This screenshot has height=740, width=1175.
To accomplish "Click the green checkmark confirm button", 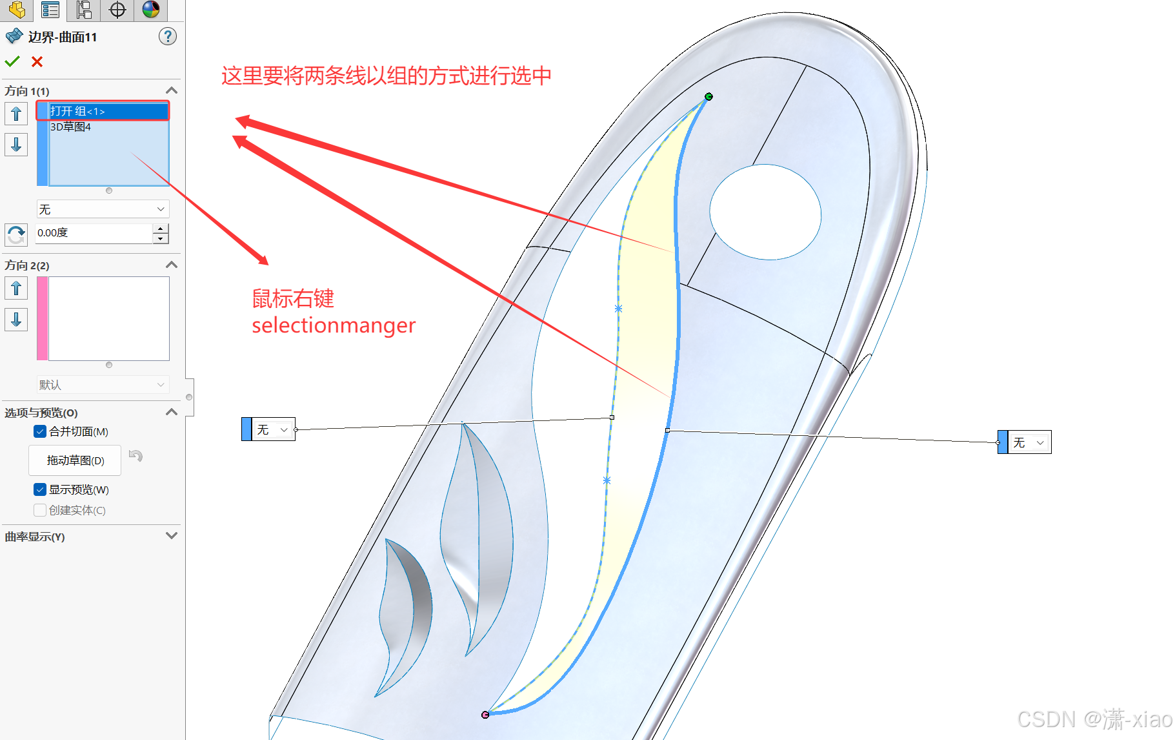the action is (x=12, y=61).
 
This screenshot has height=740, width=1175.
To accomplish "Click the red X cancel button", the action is (x=37, y=61).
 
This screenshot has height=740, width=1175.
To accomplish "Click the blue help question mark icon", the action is (x=167, y=37).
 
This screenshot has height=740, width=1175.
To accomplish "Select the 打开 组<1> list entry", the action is (x=103, y=111).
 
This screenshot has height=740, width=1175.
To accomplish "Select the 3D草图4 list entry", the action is (x=71, y=127).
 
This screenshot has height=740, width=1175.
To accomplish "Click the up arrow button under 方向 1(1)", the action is (x=16, y=114).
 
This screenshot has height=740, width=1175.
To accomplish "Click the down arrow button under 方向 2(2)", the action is (x=16, y=319).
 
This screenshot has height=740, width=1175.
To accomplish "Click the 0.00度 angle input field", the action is (x=94, y=232).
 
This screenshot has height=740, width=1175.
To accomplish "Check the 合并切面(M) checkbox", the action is (x=40, y=431).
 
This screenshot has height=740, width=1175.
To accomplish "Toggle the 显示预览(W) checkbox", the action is (x=40, y=489).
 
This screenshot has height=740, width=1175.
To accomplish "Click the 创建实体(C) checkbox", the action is (x=40, y=510).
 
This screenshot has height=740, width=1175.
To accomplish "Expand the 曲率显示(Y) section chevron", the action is (x=172, y=536).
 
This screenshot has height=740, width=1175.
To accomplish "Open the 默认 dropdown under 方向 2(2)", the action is (x=103, y=385).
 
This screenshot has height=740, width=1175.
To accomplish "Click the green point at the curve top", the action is (x=708, y=97).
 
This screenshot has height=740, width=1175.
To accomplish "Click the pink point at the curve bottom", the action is (x=485, y=715).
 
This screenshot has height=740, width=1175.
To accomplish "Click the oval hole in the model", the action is (x=765, y=212).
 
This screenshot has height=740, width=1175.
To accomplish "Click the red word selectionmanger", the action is (x=334, y=325).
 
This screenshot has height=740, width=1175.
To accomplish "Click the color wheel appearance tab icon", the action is (x=151, y=10).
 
